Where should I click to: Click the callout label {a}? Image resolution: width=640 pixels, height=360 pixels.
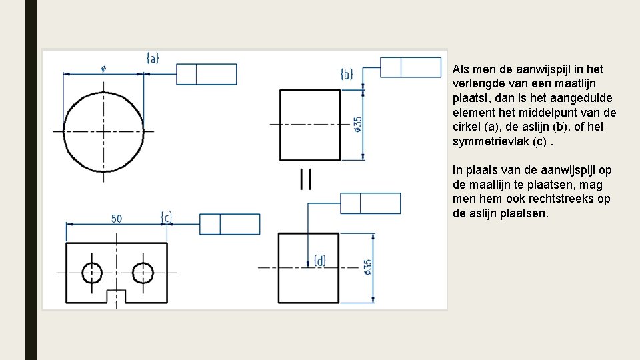(153, 58)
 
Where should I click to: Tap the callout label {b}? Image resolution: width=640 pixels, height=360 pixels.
(347, 73)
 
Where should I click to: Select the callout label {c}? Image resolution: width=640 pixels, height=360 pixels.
(167, 217)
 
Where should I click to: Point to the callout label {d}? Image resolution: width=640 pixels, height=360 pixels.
(320, 261)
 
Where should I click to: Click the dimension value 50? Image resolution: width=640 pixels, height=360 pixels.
(117, 219)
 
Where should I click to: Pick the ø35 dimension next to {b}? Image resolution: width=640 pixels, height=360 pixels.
(359, 125)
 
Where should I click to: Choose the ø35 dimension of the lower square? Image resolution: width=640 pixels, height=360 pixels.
(368, 267)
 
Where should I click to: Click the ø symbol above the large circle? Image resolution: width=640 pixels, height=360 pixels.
(103, 67)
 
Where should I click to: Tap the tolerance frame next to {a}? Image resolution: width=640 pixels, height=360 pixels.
(207, 74)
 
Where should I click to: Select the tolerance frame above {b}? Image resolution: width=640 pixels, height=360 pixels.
(411, 67)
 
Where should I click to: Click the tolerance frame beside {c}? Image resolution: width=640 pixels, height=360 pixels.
(230, 224)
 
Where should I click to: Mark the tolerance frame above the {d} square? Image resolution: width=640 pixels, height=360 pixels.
(371, 203)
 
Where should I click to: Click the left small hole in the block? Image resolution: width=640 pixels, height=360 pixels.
(92, 273)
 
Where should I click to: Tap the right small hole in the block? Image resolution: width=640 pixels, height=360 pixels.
(143, 273)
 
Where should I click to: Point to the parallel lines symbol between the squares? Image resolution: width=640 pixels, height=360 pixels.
(306, 179)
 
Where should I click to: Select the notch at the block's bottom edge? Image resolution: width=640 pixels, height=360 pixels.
(117, 296)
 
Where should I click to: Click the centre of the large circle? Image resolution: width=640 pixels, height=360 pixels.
(103, 123)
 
